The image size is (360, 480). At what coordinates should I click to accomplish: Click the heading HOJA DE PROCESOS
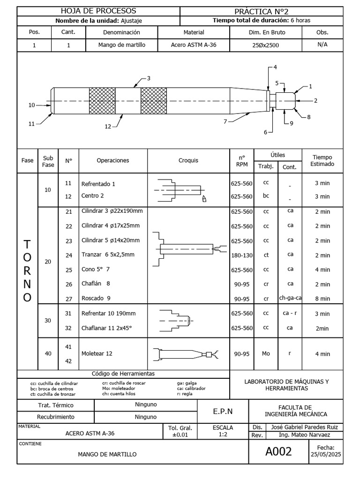[98, 11]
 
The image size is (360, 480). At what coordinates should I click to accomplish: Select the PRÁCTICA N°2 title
[264, 11]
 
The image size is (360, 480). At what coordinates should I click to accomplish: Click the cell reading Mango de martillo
[122, 45]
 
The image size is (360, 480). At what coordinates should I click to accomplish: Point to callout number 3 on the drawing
[149, 78]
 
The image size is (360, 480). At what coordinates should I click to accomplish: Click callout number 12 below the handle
[108, 127]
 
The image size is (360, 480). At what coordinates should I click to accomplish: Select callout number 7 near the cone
[225, 121]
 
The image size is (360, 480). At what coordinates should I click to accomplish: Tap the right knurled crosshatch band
[153, 100]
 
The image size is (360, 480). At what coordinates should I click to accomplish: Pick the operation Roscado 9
[96, 298]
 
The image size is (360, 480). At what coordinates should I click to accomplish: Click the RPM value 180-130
[241, 255]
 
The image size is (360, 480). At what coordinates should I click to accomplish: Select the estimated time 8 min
[322, 298]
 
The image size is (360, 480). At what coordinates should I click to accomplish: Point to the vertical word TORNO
[28, 271]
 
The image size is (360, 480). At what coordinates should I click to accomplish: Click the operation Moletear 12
[97, 354]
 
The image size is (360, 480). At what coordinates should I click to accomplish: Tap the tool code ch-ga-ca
[290, 298]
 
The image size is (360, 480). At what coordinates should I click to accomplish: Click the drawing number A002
[278, 451]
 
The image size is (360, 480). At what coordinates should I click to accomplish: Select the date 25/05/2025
[325, 455]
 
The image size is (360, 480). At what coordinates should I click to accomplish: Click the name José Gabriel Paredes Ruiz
[304, 427]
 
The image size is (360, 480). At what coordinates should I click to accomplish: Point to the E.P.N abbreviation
[223, 411]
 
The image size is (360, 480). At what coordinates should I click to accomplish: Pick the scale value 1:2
[223, 435]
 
